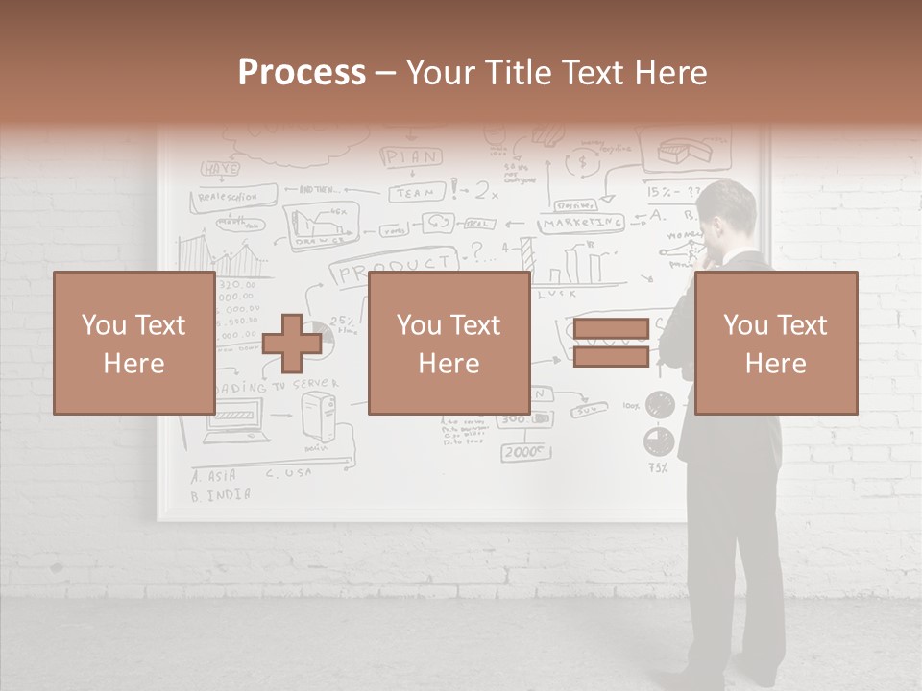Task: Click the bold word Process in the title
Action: (302, 73)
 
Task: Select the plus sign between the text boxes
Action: (292, 343)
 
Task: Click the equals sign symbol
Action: (611, 343)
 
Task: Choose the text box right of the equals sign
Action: (776, 343)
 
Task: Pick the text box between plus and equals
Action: (449, 343)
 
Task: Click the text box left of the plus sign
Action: (133, 343)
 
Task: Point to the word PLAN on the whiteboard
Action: (412, 156)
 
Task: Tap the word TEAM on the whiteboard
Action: (417, 193)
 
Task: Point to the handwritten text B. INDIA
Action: (221, 496)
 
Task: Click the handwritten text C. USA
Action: (288, 474)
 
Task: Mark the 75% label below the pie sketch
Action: (657, 468)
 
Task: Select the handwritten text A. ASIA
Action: (214, 475)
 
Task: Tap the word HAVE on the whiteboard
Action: (219, 169)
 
